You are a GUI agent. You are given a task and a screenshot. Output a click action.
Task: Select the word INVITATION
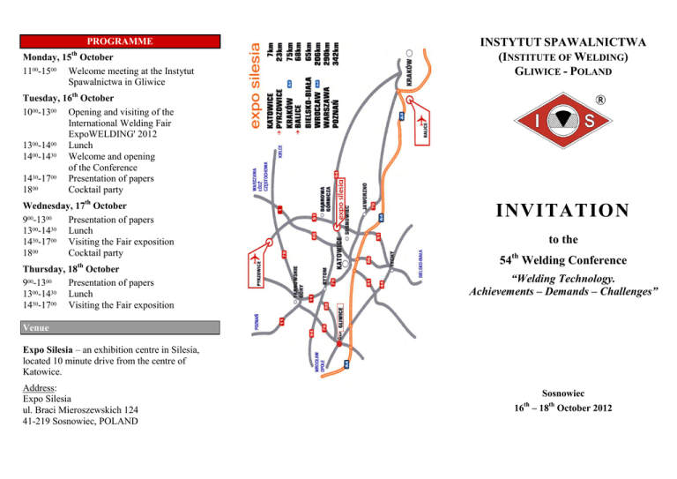click(x=562, y=211)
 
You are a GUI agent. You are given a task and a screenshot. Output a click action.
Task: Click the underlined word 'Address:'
click(x=39, y=387)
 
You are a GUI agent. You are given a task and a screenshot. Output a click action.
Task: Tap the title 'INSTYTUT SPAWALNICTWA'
click(x=562, y=41)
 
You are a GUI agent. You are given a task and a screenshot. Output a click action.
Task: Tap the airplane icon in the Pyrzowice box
click(x=256, y=259)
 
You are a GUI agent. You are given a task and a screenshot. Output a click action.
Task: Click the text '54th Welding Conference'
click(x=562, y=259)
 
